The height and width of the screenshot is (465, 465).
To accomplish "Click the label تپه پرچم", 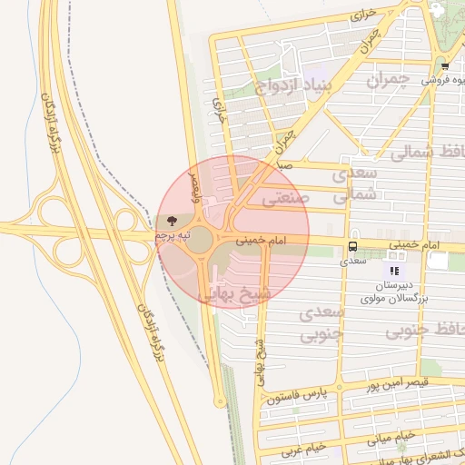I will coord(173,235).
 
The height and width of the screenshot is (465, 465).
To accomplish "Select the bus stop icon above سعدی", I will coord(352,246).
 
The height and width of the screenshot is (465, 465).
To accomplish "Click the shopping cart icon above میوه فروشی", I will coord(444,65).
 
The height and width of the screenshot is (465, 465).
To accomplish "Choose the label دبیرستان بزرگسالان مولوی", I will coord(394,292).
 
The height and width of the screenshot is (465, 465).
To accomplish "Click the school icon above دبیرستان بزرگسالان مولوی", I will coord(394,271).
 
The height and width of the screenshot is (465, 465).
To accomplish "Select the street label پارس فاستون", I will coord(297,396).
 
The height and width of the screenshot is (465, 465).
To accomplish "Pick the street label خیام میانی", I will coord(392,437).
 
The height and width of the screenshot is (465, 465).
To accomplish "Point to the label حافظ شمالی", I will coord(427,152).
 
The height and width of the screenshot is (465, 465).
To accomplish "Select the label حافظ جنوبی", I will coord(425,331).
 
